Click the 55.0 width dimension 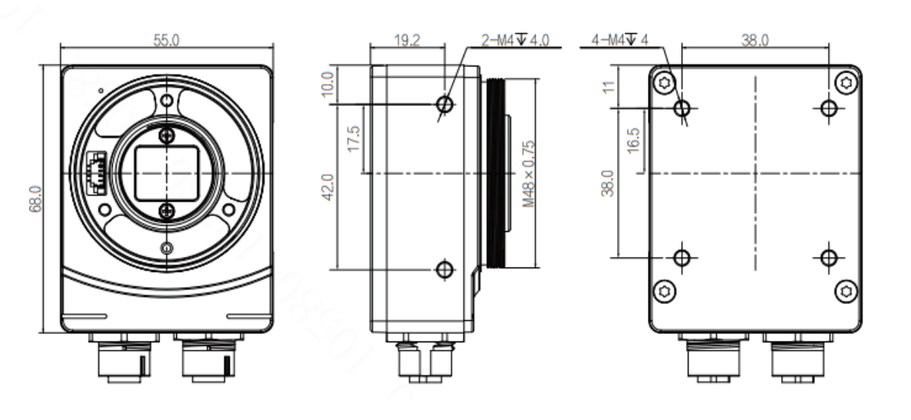166,40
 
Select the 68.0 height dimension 36,199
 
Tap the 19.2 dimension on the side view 407,40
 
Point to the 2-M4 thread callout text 516,40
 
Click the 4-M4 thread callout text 620,40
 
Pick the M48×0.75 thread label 528,174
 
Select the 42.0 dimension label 328,187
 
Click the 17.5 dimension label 354,139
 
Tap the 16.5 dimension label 634,141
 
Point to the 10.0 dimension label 328,84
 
